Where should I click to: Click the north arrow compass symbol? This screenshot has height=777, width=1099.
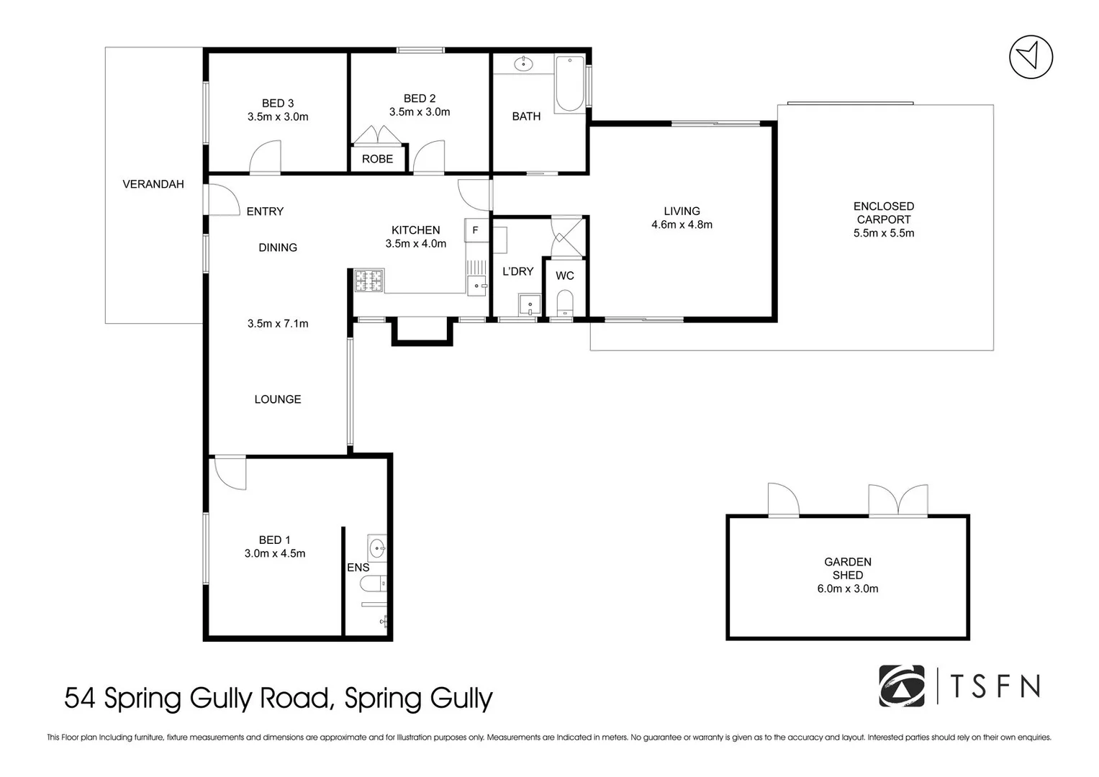(x=1031, y=57)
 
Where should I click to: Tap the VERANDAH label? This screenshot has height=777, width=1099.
(x=153, y=184)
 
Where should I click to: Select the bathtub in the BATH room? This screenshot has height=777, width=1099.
(x=569, y=84)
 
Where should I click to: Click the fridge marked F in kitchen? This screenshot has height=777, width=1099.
(x=476, y=230)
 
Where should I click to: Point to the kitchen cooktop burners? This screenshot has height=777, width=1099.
(x=369, y=281)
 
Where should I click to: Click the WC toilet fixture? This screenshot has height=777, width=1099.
(x=565, y=303)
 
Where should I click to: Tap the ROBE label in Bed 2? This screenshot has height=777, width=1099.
(x=377, y=159)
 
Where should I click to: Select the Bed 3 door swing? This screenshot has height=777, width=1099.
(x=265, y=157)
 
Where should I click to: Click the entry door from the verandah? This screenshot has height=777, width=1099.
(x=222, y=200)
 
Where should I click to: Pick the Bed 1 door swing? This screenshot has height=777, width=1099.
(x=230, y=473)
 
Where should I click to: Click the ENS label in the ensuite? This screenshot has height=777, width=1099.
(x=358, y=568)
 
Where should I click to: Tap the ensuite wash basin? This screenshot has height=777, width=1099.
(x=377, y=548)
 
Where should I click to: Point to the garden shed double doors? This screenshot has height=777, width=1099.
(x=898, y=500)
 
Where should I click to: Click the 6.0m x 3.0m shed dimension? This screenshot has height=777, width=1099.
(x=848, y=589)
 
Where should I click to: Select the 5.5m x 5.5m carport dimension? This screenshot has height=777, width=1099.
(x=884, y=233)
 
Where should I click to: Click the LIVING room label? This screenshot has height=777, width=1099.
(x=682, y=212)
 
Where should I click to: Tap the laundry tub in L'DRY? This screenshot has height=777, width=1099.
(x=530, y=304)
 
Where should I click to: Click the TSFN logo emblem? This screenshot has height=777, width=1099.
(x=902, y=686)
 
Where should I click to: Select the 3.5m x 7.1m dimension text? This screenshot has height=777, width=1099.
(x=278, y=324)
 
